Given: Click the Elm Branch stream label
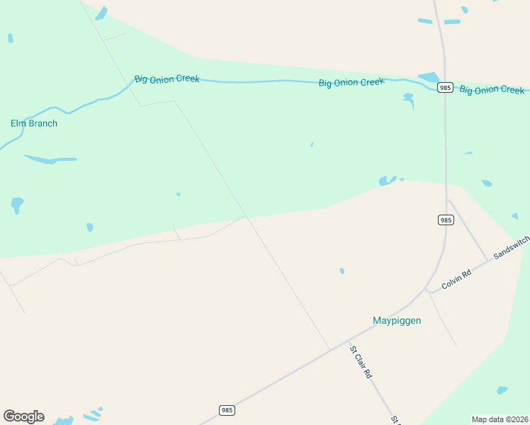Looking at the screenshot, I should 34,123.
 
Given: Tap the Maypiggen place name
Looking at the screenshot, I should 397,320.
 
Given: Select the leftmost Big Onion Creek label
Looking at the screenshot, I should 167,79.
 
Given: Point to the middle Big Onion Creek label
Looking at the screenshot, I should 351,83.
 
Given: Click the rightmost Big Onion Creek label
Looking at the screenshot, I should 492,90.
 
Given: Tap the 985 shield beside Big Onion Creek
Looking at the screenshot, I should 445,87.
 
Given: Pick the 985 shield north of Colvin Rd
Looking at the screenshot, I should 445,220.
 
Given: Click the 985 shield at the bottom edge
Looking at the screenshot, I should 227,410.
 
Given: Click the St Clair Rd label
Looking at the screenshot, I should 361,361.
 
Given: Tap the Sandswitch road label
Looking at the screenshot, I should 511,248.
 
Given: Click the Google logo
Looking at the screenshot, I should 23,416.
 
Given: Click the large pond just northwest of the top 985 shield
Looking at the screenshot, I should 429,77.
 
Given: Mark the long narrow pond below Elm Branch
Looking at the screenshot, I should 50,159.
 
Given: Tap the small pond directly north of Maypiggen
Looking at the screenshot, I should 342,271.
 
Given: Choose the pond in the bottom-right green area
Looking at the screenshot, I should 502,390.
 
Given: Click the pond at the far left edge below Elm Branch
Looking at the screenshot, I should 17,205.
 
